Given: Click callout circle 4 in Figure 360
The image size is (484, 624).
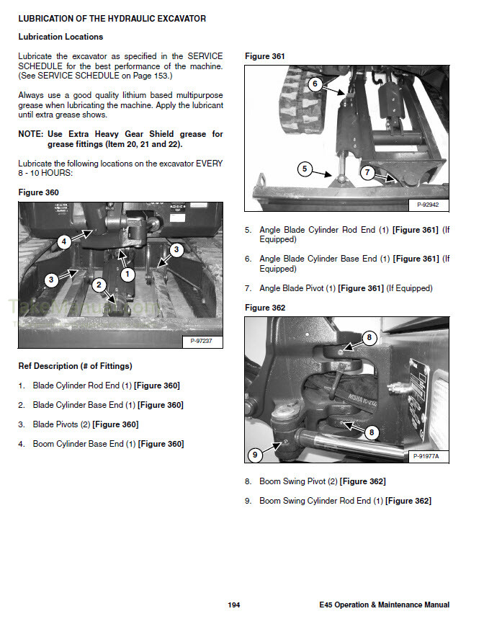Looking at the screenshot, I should pos(64,242).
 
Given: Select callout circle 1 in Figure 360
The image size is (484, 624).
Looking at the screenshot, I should pos(127,274).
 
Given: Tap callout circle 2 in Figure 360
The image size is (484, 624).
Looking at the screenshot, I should pos(98,285).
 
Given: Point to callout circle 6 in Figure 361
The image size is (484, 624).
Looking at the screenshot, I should pos(314,84).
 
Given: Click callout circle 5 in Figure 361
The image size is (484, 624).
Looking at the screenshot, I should pos(305,169).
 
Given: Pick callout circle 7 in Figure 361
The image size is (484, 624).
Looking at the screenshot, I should pos(367,173).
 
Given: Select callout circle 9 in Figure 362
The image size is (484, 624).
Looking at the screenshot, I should pos(256,455).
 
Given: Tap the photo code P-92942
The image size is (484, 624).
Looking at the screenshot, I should pos(428,205).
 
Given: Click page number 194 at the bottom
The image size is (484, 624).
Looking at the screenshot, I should pos(233,605).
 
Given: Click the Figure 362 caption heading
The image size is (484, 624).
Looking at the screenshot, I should pos(265,308).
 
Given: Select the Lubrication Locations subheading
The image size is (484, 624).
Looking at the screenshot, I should pos(60,37).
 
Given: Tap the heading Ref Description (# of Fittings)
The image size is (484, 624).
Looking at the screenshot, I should pos(75,366).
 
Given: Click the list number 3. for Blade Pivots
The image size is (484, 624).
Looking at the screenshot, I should pos(22,424).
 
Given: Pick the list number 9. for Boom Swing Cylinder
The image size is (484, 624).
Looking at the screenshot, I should pos(248,501).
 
